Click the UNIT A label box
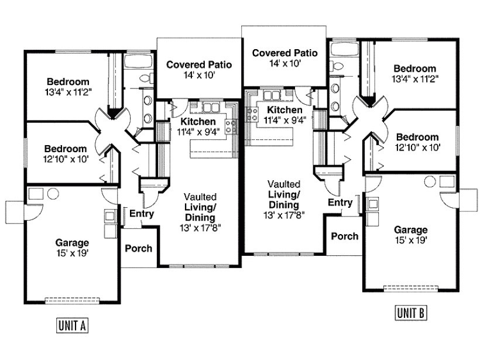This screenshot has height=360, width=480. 72,325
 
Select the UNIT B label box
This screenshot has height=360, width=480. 411,313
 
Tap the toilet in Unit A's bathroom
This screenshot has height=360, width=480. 147,78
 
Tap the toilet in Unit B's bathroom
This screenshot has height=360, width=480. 336,66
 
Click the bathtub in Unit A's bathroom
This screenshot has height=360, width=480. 138,61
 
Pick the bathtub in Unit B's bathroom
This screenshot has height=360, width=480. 344,49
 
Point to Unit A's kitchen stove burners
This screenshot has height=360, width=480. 231,127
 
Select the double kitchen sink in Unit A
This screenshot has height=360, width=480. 211,108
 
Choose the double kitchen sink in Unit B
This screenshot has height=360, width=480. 272,95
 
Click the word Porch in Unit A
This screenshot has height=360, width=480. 138,248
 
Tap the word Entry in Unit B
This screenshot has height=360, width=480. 340,203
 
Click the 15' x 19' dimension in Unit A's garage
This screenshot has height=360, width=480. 72,253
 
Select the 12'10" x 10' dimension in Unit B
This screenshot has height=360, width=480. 417,148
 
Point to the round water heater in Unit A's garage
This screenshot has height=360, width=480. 53,194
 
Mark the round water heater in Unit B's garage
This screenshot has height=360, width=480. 430,181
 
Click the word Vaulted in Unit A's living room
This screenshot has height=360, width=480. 200,197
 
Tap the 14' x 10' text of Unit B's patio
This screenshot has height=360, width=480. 284,63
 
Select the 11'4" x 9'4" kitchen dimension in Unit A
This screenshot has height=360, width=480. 198,132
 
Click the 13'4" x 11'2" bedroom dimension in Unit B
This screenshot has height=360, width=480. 415,79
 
